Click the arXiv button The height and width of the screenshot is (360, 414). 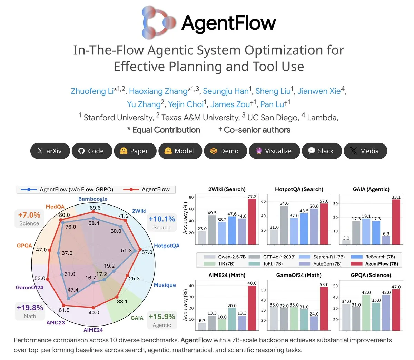coord(50,151)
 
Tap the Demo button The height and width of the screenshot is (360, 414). coord(225,151)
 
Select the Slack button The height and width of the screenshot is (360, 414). coord(321,151)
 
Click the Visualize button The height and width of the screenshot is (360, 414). coord(274,151)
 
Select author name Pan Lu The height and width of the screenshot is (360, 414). coord(272,104)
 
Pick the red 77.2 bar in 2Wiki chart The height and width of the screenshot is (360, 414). coord(252,222)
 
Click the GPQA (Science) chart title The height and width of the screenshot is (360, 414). coord(371,275)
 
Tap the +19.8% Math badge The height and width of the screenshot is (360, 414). coord(30,311)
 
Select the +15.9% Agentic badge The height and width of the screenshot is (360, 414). coord(161,320)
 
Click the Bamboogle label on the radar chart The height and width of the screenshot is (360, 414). coord(93,199)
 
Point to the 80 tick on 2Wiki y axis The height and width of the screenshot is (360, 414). coord(191,197)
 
